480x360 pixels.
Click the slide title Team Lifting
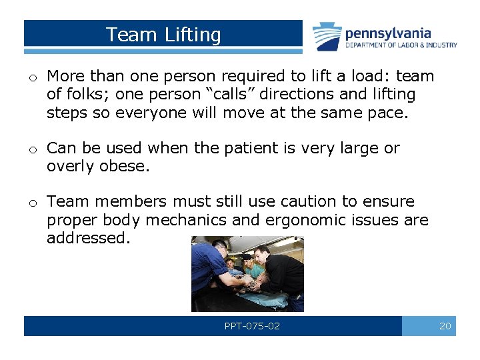[x=163, y=35]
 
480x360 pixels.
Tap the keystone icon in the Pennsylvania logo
[x=327, y=36]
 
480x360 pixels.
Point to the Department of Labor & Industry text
[x=401, y=45]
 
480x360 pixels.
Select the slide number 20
[x=445, y=326]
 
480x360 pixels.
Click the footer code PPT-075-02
[x=252, y=326]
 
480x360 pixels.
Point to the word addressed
[x=87, y=238]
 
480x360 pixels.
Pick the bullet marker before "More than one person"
[x=32, y=79]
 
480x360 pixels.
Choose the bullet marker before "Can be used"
[x=32, y=150]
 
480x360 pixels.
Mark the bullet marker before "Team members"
[x=32, y=203]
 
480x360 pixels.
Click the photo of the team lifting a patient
[x=247, y=273]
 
